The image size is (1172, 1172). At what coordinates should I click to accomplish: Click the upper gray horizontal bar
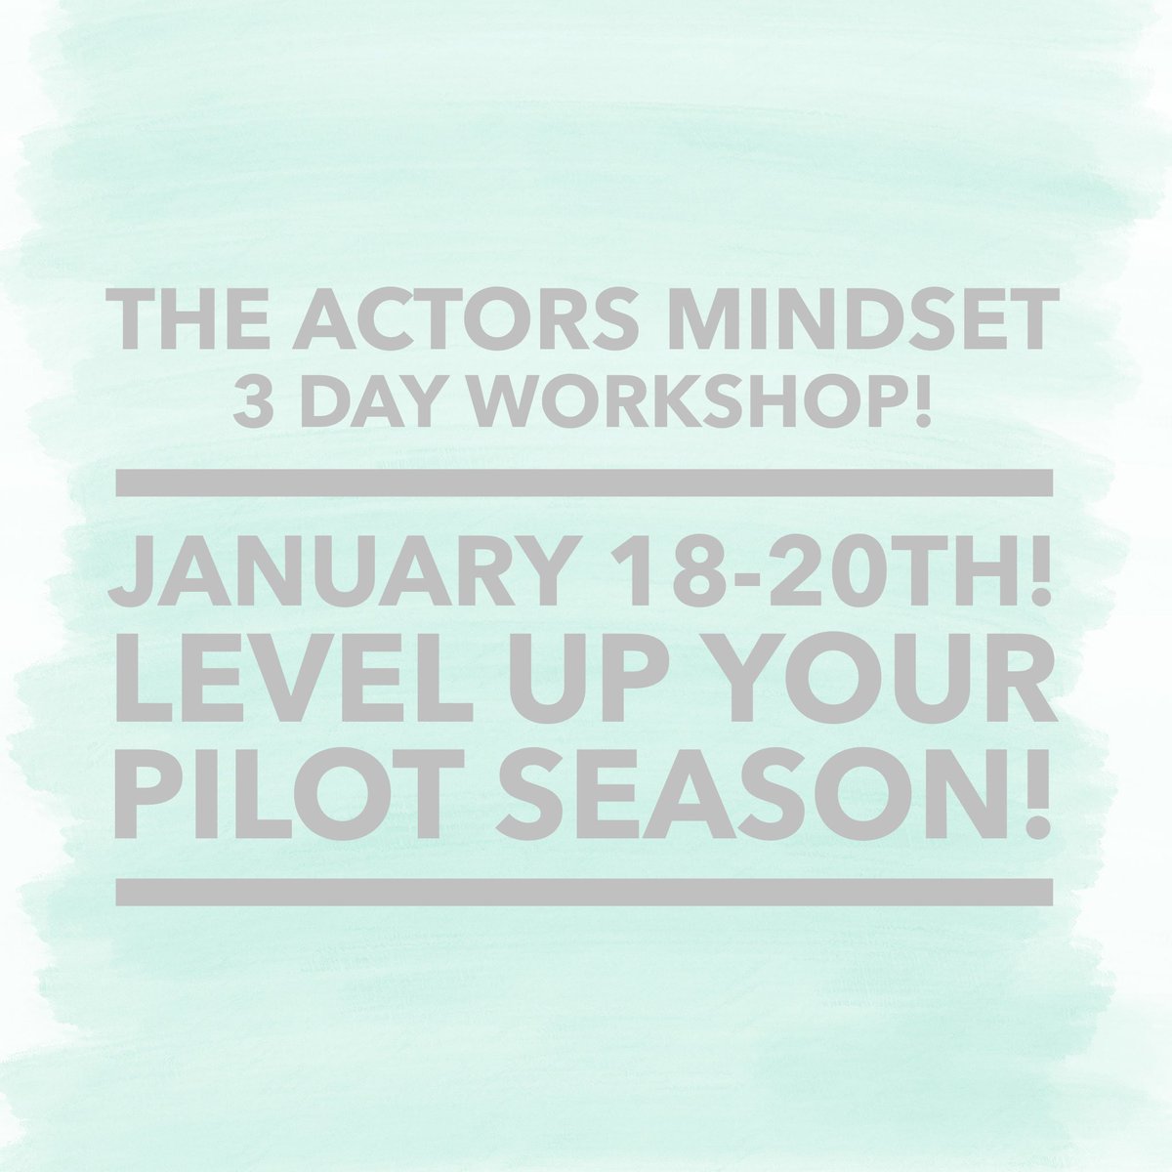pyautogui.click(x=584, y=483)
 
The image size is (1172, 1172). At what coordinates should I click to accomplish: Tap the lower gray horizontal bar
pyautogui.click(x=584, y=891)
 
